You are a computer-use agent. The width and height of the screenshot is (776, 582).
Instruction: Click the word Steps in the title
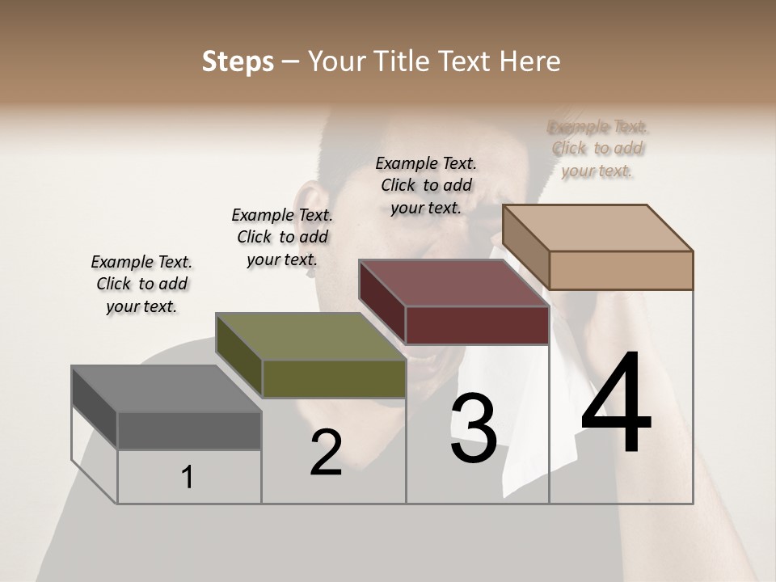[238, 61]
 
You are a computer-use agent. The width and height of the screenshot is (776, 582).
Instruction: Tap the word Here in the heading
[530, 61]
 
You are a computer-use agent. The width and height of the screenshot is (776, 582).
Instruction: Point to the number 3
[474, 428]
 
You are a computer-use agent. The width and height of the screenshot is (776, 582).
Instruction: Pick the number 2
[326, 453]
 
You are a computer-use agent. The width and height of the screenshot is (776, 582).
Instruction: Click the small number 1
[188, 478]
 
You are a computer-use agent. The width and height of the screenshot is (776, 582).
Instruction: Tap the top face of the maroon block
[453, 283]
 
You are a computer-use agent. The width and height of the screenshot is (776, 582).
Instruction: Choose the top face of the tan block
[597, 228]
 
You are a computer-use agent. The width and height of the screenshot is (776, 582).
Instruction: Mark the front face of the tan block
[621, 270]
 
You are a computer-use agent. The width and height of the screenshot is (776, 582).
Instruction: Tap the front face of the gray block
[189, 430]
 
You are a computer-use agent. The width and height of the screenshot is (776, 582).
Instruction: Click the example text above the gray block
[141, 284]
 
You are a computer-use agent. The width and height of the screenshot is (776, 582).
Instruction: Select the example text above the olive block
[282, 237]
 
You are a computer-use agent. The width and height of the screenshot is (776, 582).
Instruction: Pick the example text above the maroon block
[426, 185]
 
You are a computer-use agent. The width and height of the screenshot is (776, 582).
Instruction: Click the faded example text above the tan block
[597, 149]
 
